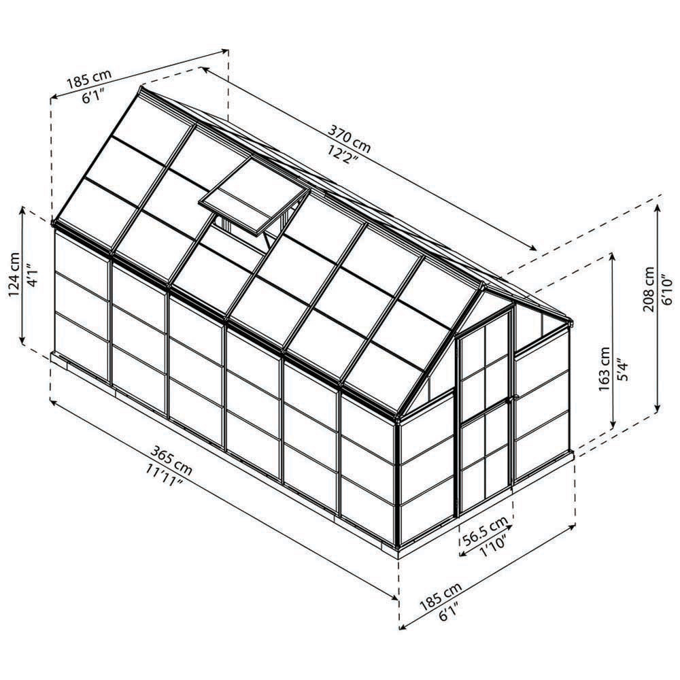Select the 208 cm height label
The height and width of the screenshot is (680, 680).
649,289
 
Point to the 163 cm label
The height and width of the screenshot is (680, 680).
604,369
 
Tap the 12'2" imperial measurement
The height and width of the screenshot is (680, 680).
343,154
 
